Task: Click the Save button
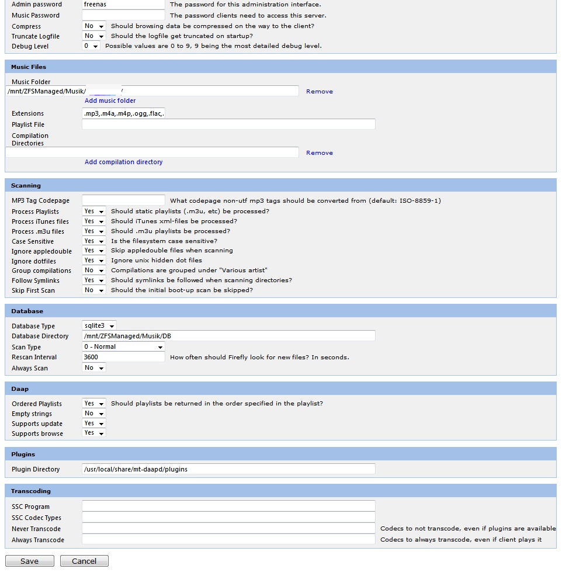[29, 561]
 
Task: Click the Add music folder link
[110, 100]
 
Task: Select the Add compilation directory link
[123, 162]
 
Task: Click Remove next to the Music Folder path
[320, 92]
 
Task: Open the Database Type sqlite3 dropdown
[99, 325]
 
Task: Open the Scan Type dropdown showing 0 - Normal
[123, 346]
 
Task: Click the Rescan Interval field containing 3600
[123, 357]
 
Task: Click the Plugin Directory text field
[228, 469]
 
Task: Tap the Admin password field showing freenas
[123, 5]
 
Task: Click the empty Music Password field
[123, 15]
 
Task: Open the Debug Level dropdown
[91, 46]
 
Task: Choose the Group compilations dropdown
[93, 271]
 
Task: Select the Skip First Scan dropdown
[93, 290]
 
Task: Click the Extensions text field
[123, 113]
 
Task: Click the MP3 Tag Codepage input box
[123, 200]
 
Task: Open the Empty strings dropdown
[93, 414]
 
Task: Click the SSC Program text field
[228, 507]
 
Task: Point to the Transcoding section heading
[31, 491]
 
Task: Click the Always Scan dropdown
[93, 368]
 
